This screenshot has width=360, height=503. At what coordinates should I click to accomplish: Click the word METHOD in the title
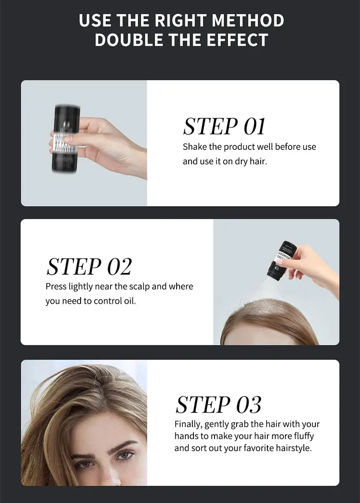[x=248, y=20]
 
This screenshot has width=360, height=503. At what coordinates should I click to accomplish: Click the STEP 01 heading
[x=224, y=126]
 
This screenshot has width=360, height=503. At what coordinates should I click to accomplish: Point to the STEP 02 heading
[x=89, y=266]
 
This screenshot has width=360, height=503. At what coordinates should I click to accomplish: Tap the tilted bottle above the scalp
[x=278, y=259]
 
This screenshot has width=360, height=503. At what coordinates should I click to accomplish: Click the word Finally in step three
[x=188, y=424]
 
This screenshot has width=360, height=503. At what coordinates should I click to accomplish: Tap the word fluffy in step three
[x=304, y=436]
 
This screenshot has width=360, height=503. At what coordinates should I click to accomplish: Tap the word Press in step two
[x=56, y=286]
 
